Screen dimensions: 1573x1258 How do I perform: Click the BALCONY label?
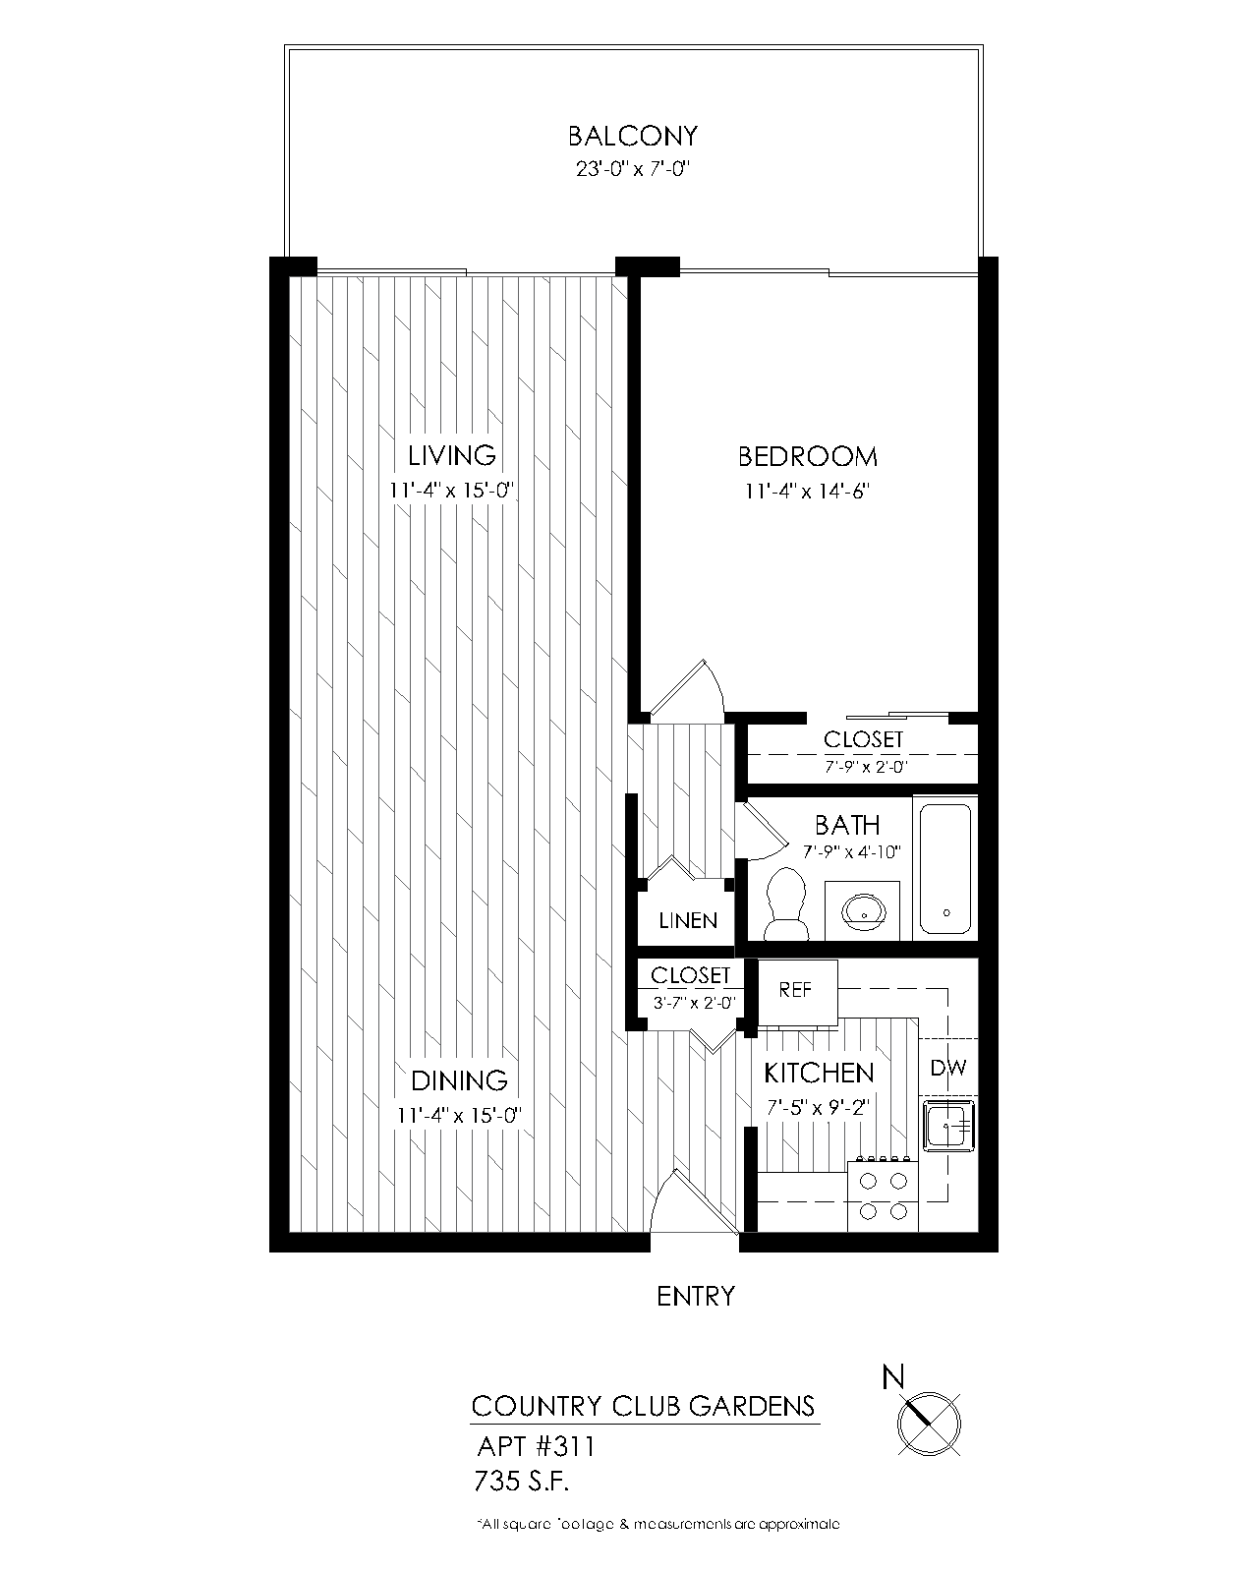pyautogui.click(x=633, y=136)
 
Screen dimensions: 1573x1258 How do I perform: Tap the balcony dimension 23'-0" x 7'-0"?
pyautogui.click(x=633, y=169)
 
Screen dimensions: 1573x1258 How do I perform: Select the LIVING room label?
pyautogui.click(x=452, y=456)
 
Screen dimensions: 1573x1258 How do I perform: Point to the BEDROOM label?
pyautogui.click(x=808, y=456)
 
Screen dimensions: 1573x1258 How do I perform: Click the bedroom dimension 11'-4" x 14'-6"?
pyautogui.click(x=808, y=491)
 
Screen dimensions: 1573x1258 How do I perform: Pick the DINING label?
pyautogui.click(x=459, y=1080)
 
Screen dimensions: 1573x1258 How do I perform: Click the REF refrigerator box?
pyautogui.click(x=796, y=991)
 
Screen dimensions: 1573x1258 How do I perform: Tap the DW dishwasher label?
pyautogui.click(x=948, y=1068)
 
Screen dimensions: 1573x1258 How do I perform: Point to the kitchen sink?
pyautogui.click(x=948, y=1124)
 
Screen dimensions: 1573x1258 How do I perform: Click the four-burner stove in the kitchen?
pyautogui.click(x=883, y=1195)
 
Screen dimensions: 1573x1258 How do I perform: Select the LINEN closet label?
pyautogui.click(x=688, y=921)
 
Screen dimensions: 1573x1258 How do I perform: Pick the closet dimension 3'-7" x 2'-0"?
pyautogui.click(x=690, y=1004)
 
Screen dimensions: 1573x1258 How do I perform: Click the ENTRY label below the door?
pyautogui.click(x=696, y=1297)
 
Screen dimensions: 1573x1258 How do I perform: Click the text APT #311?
pyautogui.click(x=536, y=1447)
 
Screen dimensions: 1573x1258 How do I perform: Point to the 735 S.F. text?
pyautogui.click(x=522, y=1480)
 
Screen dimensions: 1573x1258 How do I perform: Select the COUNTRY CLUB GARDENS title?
pyautogui.click(x=644, y=1406)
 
